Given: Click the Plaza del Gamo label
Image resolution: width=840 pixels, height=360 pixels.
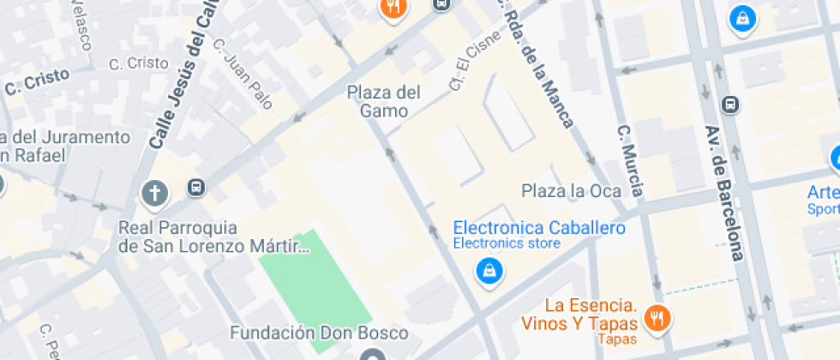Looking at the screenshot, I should (x=384, y=100).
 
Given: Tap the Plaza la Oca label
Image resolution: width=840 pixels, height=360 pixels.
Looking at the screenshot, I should (x=571, y=191).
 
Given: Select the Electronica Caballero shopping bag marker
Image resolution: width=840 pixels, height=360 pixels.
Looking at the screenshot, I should (x=489, y=272).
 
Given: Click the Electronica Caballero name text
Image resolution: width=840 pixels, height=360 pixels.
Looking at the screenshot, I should (x=538, y=228).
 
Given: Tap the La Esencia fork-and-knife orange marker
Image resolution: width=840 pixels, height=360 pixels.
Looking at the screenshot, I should (x=657, y=318).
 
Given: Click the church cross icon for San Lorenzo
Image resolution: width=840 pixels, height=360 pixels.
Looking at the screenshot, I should (x=154, y=194).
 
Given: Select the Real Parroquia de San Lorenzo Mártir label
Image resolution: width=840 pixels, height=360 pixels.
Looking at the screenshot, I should (x=213, y=237).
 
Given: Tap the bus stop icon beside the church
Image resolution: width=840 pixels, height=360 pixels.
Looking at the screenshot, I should (x=196, y=187).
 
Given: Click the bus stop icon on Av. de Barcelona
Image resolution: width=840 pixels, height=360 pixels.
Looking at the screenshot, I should (x=730, y=105).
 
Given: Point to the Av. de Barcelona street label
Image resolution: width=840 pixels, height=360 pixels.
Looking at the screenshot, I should (x=723, y=193).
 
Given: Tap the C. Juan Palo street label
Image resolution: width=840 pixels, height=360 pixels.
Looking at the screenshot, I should (x=242, y=75).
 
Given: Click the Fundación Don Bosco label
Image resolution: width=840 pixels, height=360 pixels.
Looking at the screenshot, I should (x=319, y=332).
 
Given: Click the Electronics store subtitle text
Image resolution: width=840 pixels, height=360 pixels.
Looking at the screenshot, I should (x=507, y=243).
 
